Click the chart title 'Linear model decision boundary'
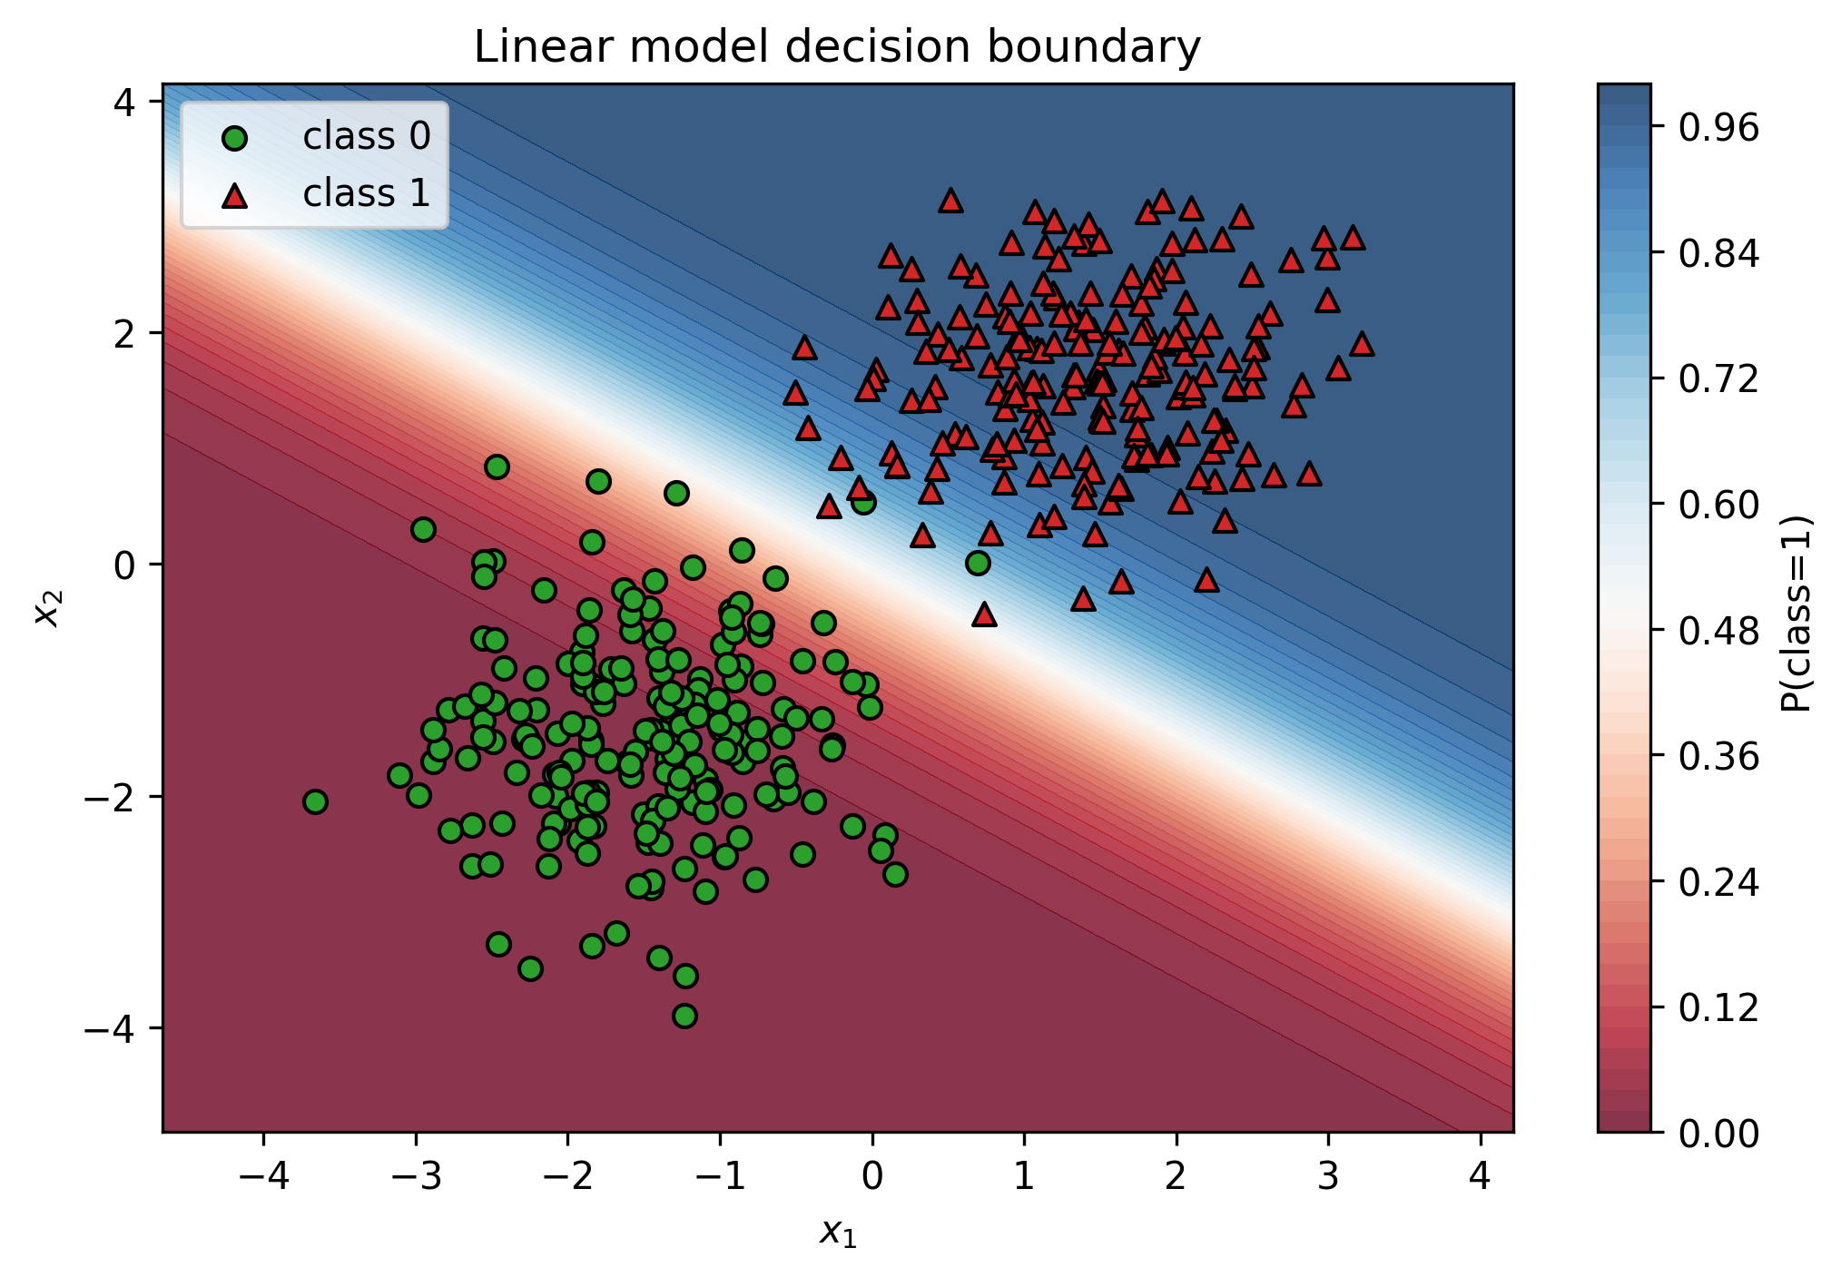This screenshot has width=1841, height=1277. [x=837, y=47]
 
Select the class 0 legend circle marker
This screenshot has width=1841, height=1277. [x=235, y=138]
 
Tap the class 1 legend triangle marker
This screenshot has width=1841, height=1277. [x=235, y=195]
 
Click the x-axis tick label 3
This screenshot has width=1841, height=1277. [x=1328, y=1176]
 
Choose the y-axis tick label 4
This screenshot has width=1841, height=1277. [x=124, y=102]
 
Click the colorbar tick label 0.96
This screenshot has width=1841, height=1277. [x=1718, y=128]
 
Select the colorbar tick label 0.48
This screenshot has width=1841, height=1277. [x=1718, y=631]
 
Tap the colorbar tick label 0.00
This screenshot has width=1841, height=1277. [x=1718, y=1134]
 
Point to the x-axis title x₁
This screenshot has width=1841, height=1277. [x=838, y=1233]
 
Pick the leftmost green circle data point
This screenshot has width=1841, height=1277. [x=315, y=801]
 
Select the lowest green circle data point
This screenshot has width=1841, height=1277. [x=685, y=1016]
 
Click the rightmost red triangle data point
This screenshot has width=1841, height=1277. [x=1361, y=344]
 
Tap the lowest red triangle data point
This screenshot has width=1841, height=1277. [x=984, y=615]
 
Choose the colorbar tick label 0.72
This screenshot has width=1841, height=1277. [x=1718, y=379]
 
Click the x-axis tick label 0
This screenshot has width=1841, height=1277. [x=872, y=1176]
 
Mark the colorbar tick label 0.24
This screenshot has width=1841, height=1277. [x=1718, y=882]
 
